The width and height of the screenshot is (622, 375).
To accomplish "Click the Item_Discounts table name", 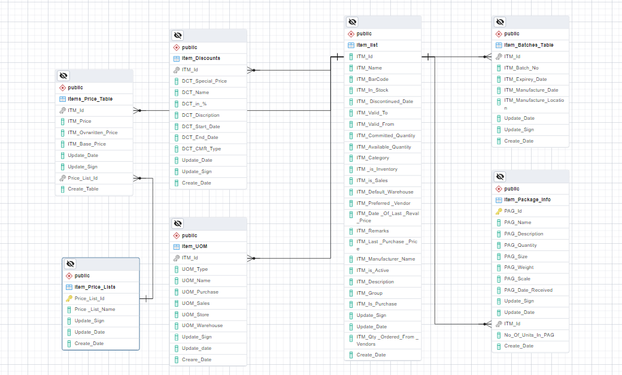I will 201,58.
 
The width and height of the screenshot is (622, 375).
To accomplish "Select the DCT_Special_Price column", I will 204,81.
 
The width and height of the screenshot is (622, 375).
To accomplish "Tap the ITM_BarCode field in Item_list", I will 372,79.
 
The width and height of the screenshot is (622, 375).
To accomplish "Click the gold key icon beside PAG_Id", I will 499,211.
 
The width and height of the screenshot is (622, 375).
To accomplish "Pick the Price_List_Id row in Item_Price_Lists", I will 89,298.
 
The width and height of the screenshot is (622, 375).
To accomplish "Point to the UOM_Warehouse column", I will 202,325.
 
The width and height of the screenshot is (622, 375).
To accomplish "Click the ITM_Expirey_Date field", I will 525,79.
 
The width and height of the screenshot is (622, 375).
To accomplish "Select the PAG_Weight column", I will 518,267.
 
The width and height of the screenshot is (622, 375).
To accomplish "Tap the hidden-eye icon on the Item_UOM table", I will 178,223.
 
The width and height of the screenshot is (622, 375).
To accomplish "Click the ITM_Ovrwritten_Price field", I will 92,132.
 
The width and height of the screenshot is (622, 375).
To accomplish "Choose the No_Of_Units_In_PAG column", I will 529,335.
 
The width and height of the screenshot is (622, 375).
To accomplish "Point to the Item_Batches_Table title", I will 529,45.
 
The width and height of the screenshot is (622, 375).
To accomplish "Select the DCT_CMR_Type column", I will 201,149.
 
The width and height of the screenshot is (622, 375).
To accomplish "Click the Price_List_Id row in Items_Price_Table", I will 83,178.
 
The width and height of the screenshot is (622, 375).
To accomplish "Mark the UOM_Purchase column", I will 200,292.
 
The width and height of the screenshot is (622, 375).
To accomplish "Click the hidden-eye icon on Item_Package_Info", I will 500,177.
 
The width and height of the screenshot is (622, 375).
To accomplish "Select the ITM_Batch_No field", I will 521,68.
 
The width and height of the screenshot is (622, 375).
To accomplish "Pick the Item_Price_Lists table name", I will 95,287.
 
